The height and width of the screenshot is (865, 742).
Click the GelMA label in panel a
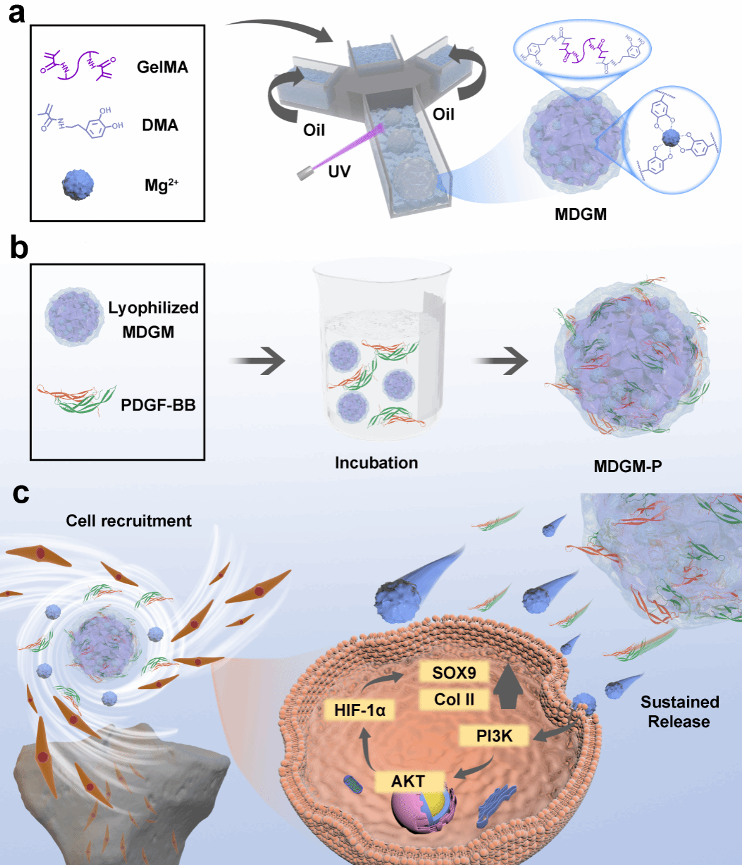click(x=162, y=67)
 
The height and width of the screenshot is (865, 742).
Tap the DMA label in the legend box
click(x=160, y=125)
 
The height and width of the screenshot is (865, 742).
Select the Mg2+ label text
click(x=161, y=185)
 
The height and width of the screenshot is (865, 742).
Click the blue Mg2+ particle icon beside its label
click(x=78, y=184)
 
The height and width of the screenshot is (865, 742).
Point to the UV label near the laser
click(x=339, y=171)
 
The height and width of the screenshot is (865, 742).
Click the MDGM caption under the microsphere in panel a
click(x=580, y=214)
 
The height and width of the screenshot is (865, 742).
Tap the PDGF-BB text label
click(x=158, y=405)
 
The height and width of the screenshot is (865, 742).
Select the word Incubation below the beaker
click(x=376, y=463)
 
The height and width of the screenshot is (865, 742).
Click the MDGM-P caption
click(x=627, y=466)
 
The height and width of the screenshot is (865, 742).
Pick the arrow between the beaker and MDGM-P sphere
click(x=501, y=361)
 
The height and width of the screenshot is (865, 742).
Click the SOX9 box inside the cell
click(x=454, y=673)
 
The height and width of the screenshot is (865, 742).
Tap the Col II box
click(x=454, y=700)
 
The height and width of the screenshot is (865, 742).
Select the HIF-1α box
click(x=360, y=710)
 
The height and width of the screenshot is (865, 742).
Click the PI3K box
click(x=494, y=736)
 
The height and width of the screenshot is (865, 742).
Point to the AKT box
click(x=408, y=782)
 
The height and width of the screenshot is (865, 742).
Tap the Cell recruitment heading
click(x=128, y=521)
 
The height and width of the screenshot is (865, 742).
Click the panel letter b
click(x=19, y=248)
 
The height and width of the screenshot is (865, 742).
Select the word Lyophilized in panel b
click(x=153, y=308)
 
